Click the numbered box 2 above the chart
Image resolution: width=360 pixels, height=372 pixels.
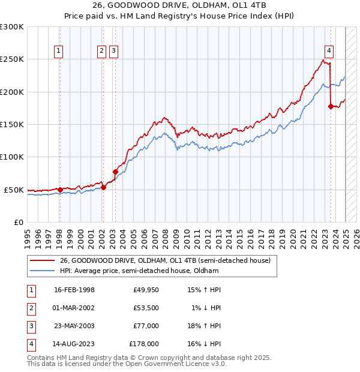click(x=102, y=52)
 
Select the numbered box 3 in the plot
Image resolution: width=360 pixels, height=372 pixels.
click(x=113, y=52)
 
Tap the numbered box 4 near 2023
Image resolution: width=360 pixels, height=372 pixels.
click(x=329, y=52)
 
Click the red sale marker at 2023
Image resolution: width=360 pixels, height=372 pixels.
click(x=331, y=107)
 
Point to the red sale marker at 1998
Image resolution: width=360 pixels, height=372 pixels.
click(x=60, y=190)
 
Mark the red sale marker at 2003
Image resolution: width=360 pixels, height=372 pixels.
click(x=115, y=172)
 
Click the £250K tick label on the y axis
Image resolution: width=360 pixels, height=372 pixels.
click(x=12, y=59)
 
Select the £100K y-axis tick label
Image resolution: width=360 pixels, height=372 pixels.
click(x=12, y=157)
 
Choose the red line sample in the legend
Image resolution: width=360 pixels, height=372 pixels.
click(x=42, y=260)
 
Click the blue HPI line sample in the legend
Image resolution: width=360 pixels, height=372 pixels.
click(x=42, y=271)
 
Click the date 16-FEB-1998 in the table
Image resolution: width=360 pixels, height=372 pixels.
click(x=74, y=290)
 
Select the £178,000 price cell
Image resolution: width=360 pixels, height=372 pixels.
click(x=144, y=344)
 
